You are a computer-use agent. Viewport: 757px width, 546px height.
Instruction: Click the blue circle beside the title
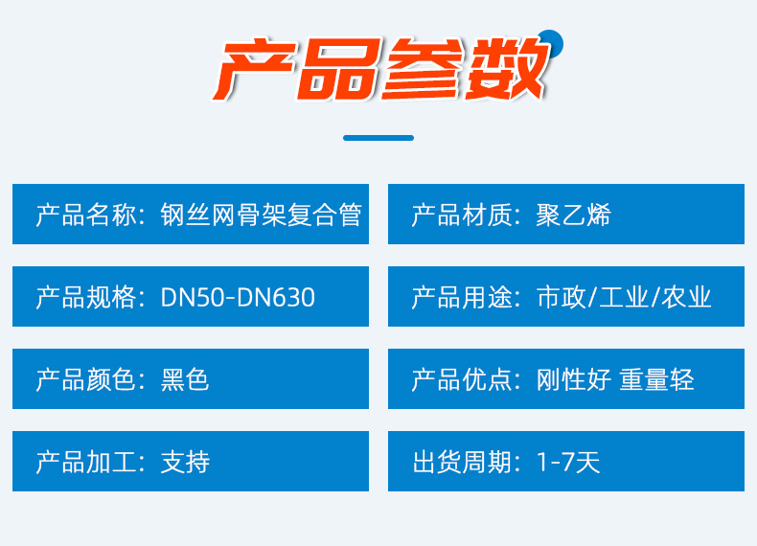(551, 41)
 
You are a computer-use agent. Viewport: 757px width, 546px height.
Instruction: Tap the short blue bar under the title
(378, 138)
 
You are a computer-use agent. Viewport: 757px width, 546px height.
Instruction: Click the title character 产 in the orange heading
(252, 71)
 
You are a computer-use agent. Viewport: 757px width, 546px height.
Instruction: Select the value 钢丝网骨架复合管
(261, 215)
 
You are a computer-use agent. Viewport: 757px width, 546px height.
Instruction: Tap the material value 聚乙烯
(573, 215)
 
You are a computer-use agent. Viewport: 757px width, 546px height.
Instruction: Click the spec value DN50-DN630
(238, 297)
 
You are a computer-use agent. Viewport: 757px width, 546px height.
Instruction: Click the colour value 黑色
(185, 379)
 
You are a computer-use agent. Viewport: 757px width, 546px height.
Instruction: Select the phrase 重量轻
(656, 379)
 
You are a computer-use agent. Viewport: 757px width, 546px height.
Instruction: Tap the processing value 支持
(185, 462)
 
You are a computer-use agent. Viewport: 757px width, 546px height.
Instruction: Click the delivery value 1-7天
(568, 462)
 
